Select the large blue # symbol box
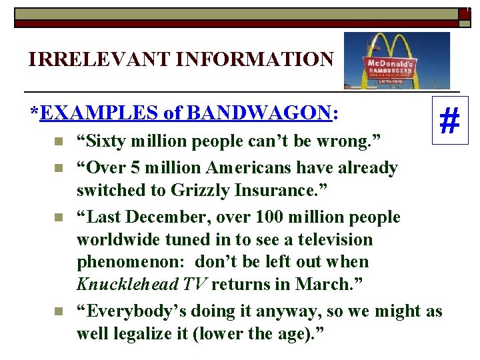click(x=450, y=121)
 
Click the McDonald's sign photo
click(x=397, y=61)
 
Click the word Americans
click(x=253, y=167)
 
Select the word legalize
click(x=145, y=333)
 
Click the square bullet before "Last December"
click(x=59, y=217)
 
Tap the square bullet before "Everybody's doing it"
click(x=59, y=311)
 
